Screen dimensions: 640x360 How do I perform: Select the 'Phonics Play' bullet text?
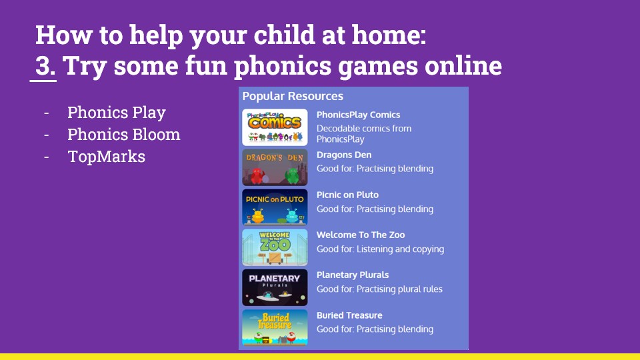click(x=116, y=113)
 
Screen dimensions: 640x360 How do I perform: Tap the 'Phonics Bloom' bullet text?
click(x=124, y=134)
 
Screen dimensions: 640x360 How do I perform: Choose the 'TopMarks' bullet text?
click(x=106, y=156)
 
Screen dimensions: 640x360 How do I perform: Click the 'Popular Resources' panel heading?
click(x=293, y=96)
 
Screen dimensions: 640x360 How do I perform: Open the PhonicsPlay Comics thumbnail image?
click(x=275, y=127)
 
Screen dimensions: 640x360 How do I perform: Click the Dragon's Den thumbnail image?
click(x=275, y=167)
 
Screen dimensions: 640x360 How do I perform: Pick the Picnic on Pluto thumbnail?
click(x=275, y=207)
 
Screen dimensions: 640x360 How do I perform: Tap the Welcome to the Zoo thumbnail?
click(x=275, y=247)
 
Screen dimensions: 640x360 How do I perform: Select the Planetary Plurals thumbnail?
click(x=275, y=287)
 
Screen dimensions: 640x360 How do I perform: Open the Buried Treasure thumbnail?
click(x=275, y=327)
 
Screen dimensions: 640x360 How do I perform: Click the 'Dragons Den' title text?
click(x=344, y=155)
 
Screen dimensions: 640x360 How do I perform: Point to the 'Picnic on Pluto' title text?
click(x=348, y=195)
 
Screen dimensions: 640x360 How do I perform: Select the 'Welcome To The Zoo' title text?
click(x=361, y=235)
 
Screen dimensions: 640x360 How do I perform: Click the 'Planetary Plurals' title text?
click(x=353, y=275)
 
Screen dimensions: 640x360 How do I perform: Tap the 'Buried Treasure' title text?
click(x=349, y=315)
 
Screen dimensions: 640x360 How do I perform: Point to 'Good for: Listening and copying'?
click(x=381, y=249)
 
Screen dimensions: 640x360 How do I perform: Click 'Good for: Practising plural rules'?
click(x=379, y=289)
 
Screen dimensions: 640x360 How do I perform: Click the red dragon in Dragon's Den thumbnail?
click(x=257, y=176)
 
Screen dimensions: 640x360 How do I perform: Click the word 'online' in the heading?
click(x=463, y=65)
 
